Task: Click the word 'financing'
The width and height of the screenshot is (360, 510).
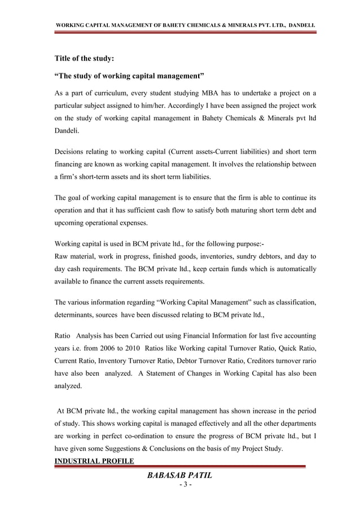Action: tap(71, 164)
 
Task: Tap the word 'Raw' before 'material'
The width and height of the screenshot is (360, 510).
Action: tap(62, 258)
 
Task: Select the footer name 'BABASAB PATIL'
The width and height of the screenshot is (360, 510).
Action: tap(179, 476)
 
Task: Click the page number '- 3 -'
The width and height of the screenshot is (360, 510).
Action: tap(180, 486)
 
